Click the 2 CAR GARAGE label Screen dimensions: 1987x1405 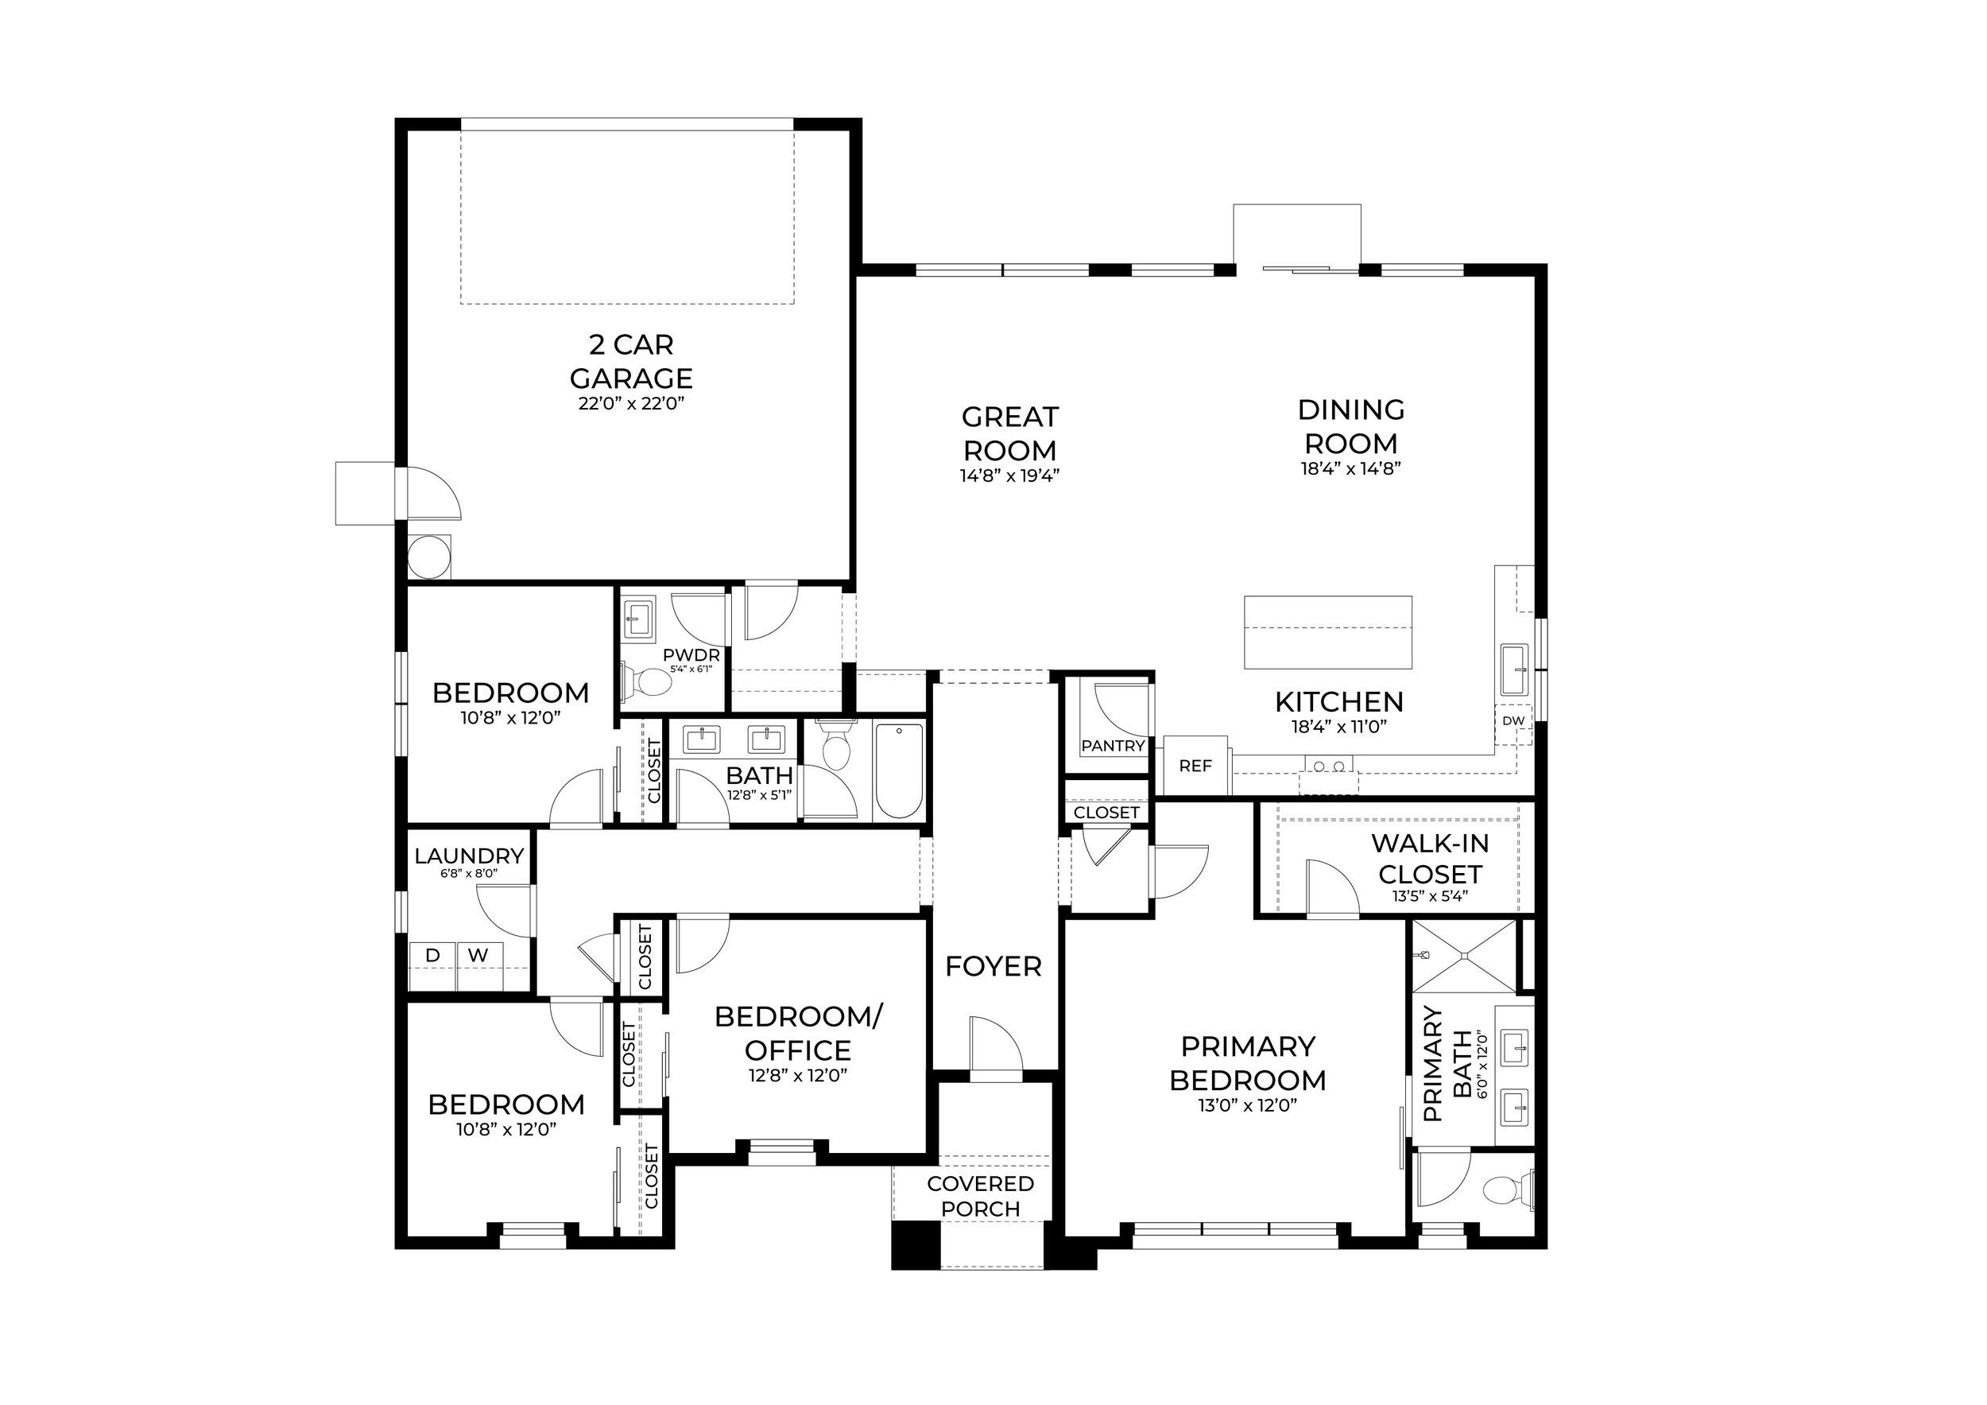(631, 361)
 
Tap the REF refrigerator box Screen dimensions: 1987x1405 (1195, 765)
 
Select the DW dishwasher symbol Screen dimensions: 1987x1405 (1513, 720)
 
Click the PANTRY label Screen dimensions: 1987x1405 (1113, 745)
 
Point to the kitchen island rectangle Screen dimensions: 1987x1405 (1327, 632)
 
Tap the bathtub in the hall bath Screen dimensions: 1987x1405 (899, 770)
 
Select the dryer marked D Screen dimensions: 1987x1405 (432, 955)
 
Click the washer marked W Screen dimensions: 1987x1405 (478, 955)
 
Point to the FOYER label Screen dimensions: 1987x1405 (993, 967)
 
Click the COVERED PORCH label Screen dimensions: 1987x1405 (981, 1196)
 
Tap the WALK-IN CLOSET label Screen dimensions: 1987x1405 (1430, 858)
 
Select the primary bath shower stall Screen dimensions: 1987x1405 (1464, 956)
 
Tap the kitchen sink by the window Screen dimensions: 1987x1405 (1514, 670)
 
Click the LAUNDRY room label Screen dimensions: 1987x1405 (469, 856)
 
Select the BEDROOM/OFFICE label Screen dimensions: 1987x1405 (798, 1034)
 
